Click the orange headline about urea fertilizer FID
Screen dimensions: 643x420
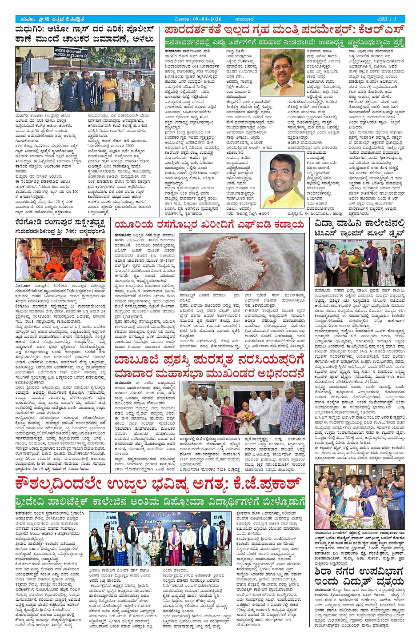click(x=209, y=225)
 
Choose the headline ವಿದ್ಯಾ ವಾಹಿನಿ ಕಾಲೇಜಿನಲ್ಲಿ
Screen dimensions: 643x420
click(x=360, y=223)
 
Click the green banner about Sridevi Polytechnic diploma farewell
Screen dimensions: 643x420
click(x=160, y=502)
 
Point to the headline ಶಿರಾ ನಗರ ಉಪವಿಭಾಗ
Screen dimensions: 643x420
click(x=359, y=571)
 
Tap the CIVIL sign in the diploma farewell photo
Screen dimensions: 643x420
click(x=218, y=517)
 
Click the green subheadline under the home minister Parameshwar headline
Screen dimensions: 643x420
click(x=284, y=42)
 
